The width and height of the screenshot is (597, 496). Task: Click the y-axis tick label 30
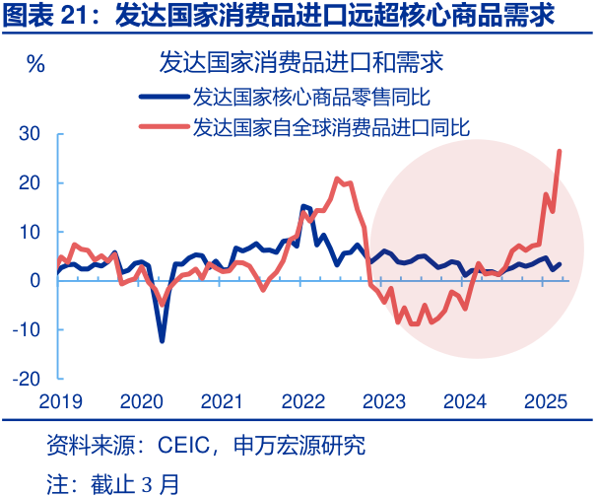tap(29, 134)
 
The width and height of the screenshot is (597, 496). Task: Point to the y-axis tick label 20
tap(29, 183)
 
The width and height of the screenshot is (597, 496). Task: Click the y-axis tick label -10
tap(26, 329)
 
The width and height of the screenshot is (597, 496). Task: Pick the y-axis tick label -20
tap(26, 379)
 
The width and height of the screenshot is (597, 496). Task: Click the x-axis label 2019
tap(60, 401)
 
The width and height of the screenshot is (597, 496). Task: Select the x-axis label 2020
tap(141, 401)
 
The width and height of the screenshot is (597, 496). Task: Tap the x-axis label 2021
tap(222, 401)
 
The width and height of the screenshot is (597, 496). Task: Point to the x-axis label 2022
tap(302, 401)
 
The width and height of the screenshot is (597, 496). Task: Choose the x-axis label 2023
tap(383, 401)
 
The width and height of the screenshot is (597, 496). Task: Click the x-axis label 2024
tap(464, 401)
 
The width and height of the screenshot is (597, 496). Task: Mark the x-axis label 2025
tap(545, 401)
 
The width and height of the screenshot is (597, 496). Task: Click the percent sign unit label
tap(35, 65)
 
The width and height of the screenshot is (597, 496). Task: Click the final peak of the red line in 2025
tap(560, 151)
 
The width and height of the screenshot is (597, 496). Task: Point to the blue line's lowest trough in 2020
tap(162, 340)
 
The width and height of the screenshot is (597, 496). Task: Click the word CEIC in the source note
tap(185, 446)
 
